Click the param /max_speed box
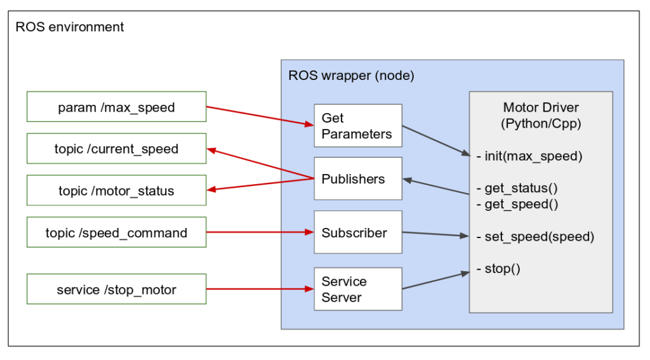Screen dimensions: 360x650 pyautogui.click(x=116, y=107)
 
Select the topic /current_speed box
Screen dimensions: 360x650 pyautogui.click(x=116, y=149)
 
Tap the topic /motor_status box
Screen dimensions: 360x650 pyautogui.click(x=116, y=190)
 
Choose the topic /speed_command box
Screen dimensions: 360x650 pyautogui.click(x=116, y=232)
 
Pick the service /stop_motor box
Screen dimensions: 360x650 pyautogui.click(x=116, y=290)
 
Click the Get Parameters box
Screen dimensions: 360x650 pyautogui.click(x=358, y=126)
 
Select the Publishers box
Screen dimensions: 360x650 pyautogui.click(x=358, y=178)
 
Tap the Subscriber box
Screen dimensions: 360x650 pyautogui.click(x=358, y=232)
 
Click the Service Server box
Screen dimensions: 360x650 pyautogui.click(x=358, y=289)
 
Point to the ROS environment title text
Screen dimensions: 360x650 pyautogui.click(x=70, y=27)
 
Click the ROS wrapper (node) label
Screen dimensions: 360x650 pyautogui.click(x=351, y=76)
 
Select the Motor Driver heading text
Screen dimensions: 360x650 pyautogui.click(x=541, y=107)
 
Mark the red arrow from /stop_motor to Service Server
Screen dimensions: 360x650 pyautogui.click(x=260, y=290)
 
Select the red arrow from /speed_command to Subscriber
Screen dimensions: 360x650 pyautogui.click(x=260, y=232)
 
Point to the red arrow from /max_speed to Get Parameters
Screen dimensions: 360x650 pyautogui.click(x=260, y=114)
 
